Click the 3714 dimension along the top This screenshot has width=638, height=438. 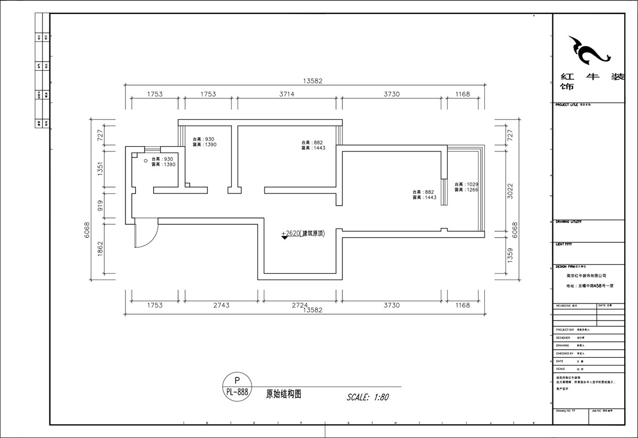click(287, 94)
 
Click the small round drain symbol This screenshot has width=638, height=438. click(145, 160)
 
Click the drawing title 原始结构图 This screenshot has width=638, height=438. click(284, 394)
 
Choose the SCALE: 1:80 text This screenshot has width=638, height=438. click(368, 397)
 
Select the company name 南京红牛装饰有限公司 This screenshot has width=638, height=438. click(586, 276)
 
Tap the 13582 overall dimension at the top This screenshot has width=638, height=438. click(313, 81)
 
